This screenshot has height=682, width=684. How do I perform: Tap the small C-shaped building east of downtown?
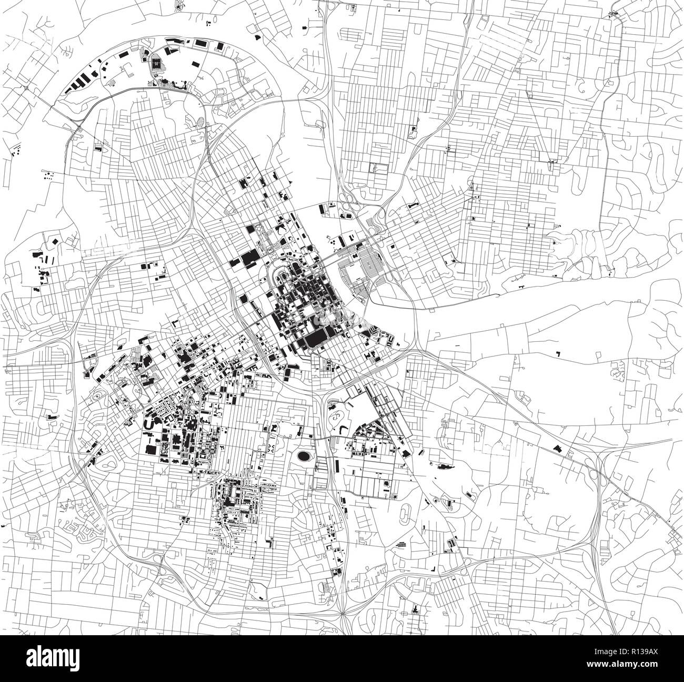click(x=348, y=334)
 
